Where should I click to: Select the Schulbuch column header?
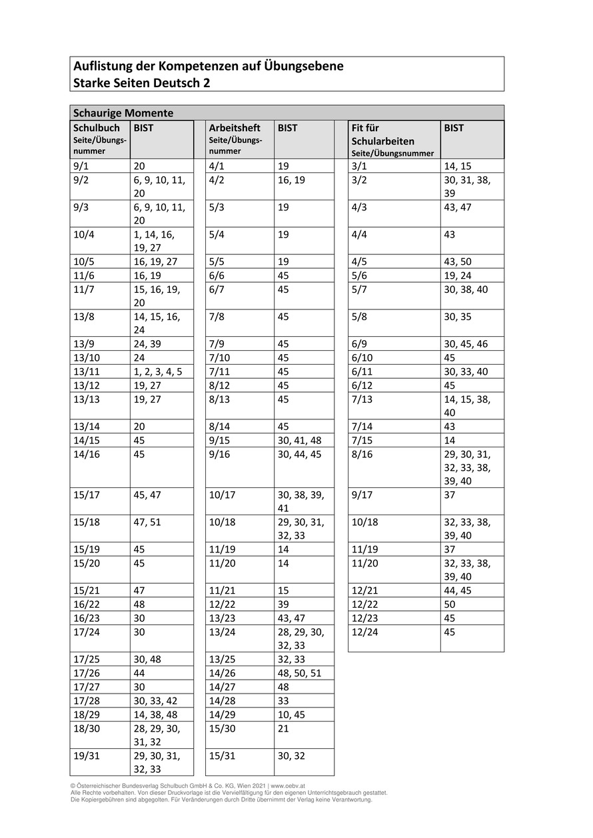point(97,128)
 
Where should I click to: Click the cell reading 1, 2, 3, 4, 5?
point(158,371)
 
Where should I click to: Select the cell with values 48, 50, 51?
point(299,673)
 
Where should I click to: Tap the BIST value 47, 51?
point(147,522)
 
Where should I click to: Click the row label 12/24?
point(364,632)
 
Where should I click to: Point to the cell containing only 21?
point(284,728)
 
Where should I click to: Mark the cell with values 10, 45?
point(291,714)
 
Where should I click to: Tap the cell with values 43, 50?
point(458,262)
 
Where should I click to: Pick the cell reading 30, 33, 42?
point(155,700)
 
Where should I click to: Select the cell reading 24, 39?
point(147,344)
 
